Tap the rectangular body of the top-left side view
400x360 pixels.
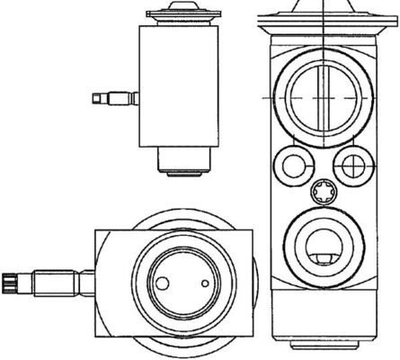[x=178, y=85]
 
